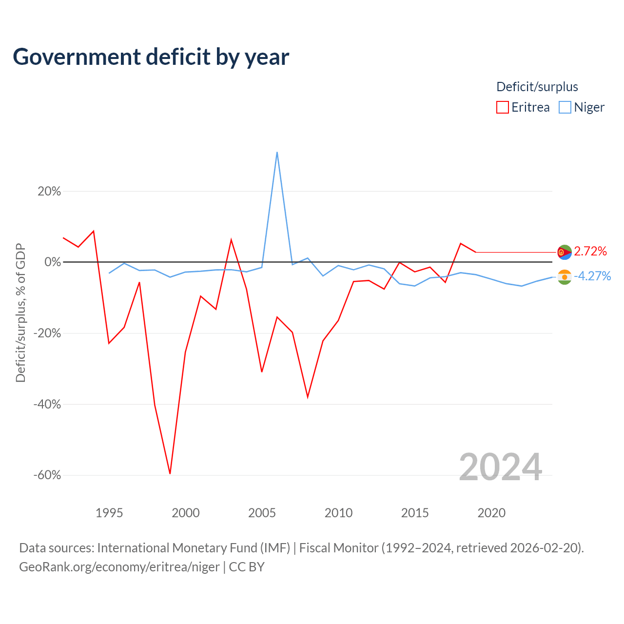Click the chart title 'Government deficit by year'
pyautogui.click(x=151, y=57)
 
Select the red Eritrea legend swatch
pyautogui.click(x=502, y=107)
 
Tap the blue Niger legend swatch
pyautogui.click(x=565, y=107)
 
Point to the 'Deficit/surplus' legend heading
pyautogui.click(x=537, y=87)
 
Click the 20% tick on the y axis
pyautogui.click(x=49, y=192)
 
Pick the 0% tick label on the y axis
pyautogui.click(x=53, y=262)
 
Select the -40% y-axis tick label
pyautogui.click(x=47, y=404)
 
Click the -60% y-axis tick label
pyautogui.click(x=47, y=475)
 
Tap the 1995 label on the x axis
pyautogui.click(x=109, y=513)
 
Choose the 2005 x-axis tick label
pyautogui.click(x=262, y=513)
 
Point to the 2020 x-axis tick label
pyautogui.click(x=491, y=513)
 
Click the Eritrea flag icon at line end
pyautogui.click(x=565, y=252)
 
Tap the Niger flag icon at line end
pyautogui.click(x=565, y=277)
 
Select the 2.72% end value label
pyautogui.click(x=590, y=251)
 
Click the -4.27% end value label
pyautogui.click(x=592, y=276)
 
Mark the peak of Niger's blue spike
pyautogui.click(x=277, y=152)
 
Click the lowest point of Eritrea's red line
pyautogui.click(x=170, y=473)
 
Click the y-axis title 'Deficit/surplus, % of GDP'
pyautogui.click(x=20, y=313)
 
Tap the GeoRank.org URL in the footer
pyautogui.click(x=119, y=566)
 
